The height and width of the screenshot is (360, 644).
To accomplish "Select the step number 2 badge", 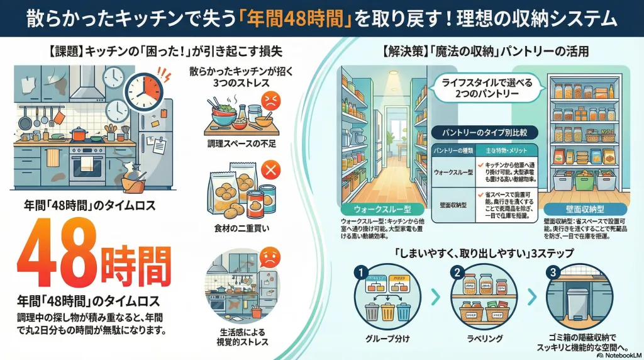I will [x=457, y=273].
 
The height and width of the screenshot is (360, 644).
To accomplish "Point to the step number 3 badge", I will [x=553, y=273].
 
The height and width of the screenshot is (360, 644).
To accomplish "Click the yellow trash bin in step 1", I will [x=387, y=312].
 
